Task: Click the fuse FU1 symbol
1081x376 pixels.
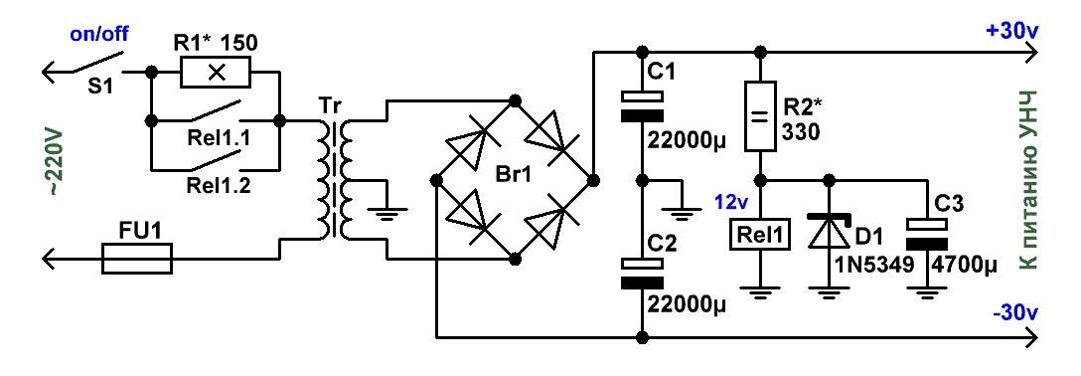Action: click(137, 259)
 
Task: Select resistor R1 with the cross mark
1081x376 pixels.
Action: click(217, 71)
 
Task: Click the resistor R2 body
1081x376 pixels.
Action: click(760, 116)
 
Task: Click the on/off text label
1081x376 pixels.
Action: click(100, 35)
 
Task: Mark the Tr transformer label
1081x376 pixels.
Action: click(330, 106)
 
